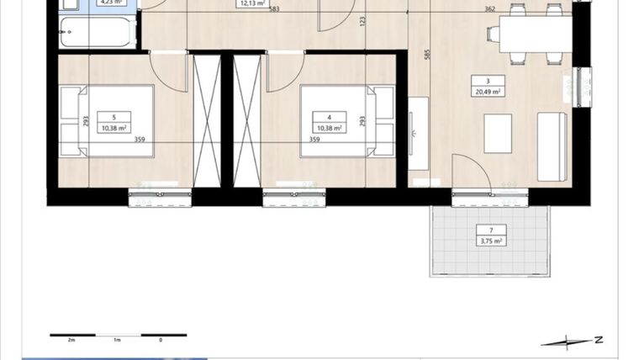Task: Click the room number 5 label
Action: pyautogui.click(x=107, y=118)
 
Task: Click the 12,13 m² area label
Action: pyautogui.click(x=251, y=3)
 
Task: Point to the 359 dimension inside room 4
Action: pyautogui.click(x=314, y=140)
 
